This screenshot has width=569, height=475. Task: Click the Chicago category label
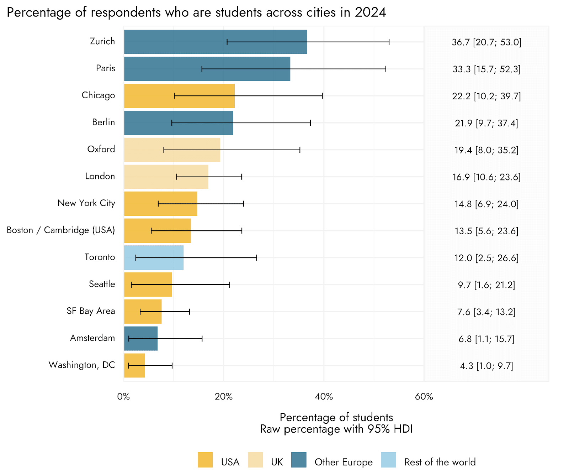[x=98, y=95]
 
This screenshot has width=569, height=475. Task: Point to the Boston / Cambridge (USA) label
[x=61, y=230]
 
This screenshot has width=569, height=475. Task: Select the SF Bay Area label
[x=91, y=311]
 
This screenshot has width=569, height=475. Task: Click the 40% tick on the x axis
[x=324, y=397]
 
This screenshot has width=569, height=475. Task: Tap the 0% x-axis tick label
[x=123, y=397]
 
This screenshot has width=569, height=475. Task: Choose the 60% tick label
[x=424, y=397]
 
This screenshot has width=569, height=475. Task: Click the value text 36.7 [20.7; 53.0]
[x=486, y=42]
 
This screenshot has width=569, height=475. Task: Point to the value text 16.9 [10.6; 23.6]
[x=486, y=177]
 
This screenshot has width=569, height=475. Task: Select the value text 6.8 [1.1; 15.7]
[x=486, y=339]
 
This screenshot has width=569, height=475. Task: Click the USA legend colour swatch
[x=205, y=460]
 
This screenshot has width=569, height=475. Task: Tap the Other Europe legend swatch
[x=299, y=460]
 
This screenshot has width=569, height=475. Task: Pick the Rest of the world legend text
[x=440, y=462]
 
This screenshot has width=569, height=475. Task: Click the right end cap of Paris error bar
[x=385, y=69]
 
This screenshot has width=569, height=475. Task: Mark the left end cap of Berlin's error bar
[x=172, y=123]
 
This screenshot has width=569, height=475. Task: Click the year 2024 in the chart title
[x=370, y=12]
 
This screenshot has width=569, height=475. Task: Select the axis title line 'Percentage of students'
[x=336, y=417]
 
